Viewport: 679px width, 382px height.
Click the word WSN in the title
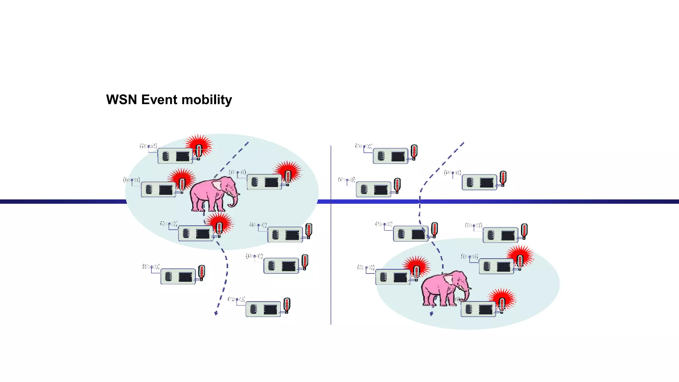pyautogui.click(x=122, y=100)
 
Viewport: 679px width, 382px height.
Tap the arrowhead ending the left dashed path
pyautogui.click(x=216, y=313)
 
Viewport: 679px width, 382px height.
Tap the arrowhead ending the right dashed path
pyautogui.click(x=432, y=313)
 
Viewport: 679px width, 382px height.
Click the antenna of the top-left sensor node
pyautogui.click(x=148, y=146)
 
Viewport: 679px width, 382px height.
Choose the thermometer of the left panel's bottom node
pyautogui.click(x=287, y=305)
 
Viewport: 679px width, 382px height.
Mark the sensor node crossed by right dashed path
pyautogui.click(x=410, y=234)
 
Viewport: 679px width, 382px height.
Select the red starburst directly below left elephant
pyautogui.click(x=219, y=224)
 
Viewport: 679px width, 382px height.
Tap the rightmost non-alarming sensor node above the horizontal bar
pyautogui.click(x=479, y=182)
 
